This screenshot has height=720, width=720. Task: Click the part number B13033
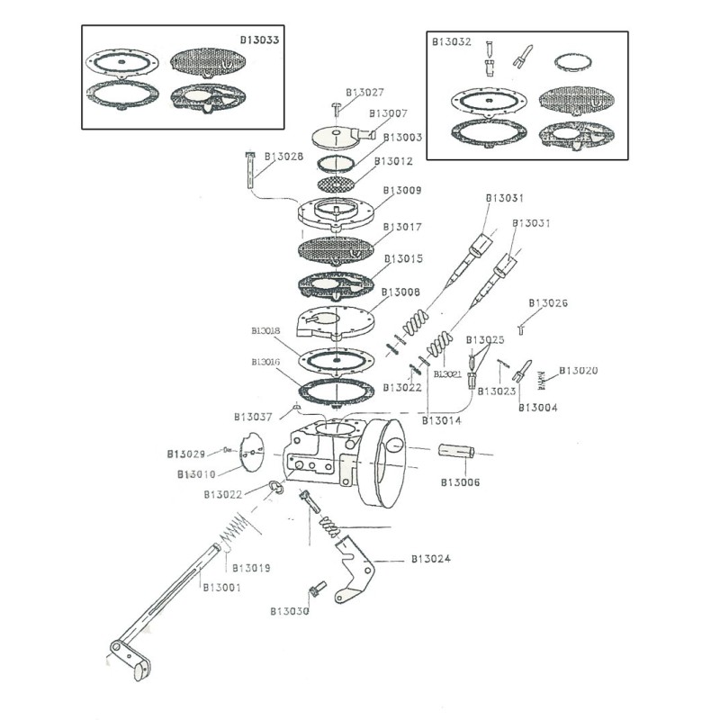259,40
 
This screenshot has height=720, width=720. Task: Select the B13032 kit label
450,41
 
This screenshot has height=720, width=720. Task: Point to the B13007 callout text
389,113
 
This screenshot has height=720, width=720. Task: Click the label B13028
284,157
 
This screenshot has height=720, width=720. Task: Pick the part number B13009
402,190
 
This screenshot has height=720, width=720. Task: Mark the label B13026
548,303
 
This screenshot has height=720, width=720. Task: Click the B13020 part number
579,370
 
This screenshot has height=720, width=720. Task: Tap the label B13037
253,417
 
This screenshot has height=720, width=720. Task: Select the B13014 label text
442,420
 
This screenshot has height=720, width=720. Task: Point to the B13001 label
220,588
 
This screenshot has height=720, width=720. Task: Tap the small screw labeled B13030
315,590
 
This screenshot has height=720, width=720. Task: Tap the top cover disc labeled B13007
337,135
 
